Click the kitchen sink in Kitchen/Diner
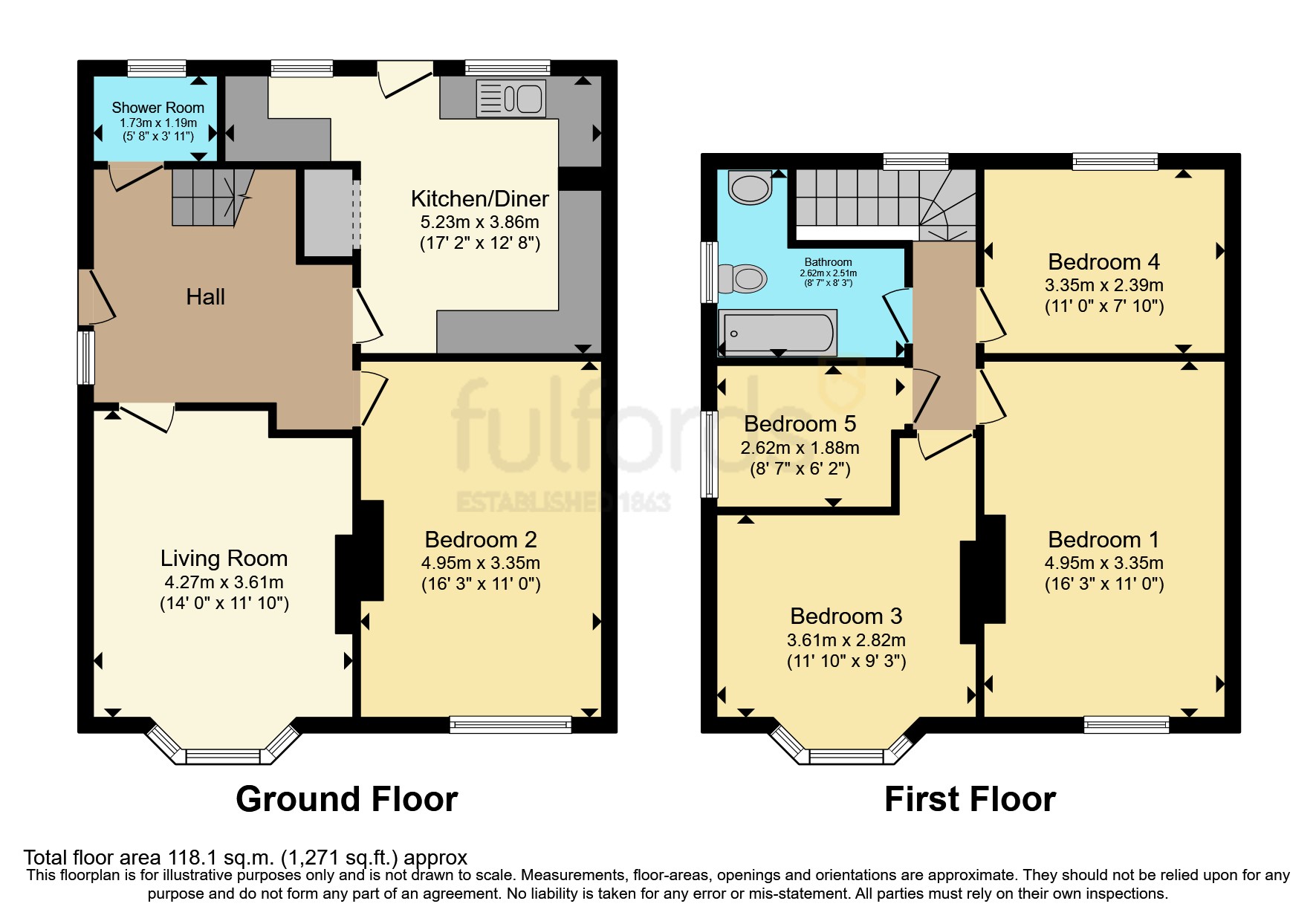click(x=510, y=98)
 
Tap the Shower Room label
click(x=158, y=108)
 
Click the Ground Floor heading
click(x=346, y=799)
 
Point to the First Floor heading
click(x=970, y=799)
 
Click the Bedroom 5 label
click(x=800, y=424)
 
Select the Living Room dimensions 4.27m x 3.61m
click(x=224, y=582)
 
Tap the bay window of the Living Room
click(x=223, y=756)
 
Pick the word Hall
click(x=205, y=297)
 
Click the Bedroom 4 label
click(x=1103, y=262)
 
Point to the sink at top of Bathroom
click(x=750, y=186)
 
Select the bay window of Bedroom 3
click(x=846, y=756)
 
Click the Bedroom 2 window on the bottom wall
click(x=510, y=724)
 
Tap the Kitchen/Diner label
click(x=479, y=199)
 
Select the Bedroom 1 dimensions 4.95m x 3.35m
click(x=1103, y=563)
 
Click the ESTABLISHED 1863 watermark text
click(x=563, y=502)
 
